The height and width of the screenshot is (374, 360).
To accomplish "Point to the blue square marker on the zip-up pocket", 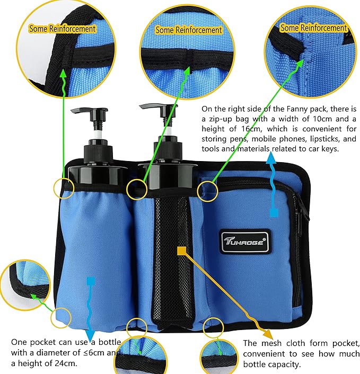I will [274, 213].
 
